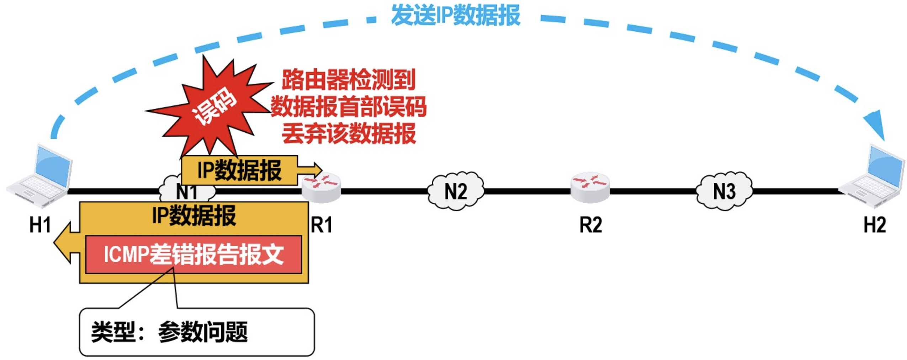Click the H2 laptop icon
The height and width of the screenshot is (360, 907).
tap(873, 176)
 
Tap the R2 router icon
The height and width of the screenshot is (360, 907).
tap(590, 187)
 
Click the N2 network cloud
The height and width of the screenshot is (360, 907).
tap(456, 191)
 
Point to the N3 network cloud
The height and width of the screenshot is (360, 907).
tap(724, 191)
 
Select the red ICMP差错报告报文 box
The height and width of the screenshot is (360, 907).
tap(193, 254)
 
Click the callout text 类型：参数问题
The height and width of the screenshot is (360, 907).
tap(169, 332)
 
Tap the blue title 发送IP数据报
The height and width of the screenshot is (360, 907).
tap(455, 15)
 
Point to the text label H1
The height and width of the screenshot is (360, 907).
tap(40, 225)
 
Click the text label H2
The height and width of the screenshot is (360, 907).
tap(875, 225)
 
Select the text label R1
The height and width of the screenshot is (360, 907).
tap(321, 225)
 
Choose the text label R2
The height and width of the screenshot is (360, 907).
tap(590, 225)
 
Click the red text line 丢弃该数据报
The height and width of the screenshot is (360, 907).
tap(349, 134)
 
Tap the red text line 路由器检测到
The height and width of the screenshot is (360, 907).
tap(349, 80)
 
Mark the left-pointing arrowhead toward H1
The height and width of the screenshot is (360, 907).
tap(63, 243)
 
